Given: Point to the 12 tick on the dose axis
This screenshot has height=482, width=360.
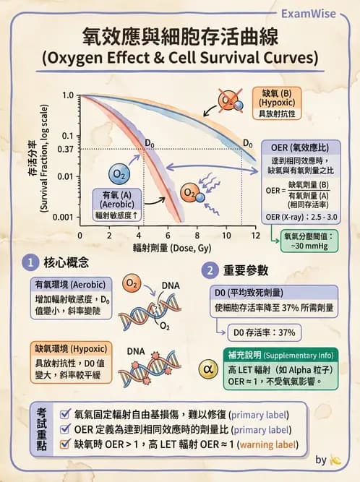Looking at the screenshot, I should coord(255,236).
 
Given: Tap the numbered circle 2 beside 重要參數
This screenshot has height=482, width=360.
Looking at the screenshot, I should coord(209,271).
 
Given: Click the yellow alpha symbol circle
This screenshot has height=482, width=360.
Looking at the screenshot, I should coord(207,371).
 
